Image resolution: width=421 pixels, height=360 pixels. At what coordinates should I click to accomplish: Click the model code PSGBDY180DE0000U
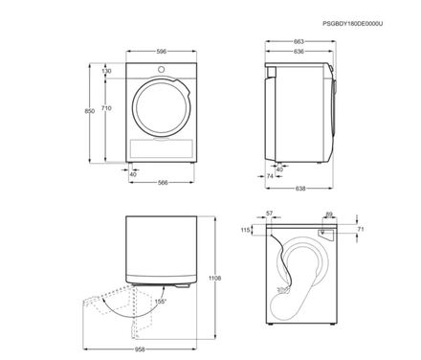[352, 24]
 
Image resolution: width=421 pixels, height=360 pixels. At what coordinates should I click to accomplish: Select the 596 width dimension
[162, 52]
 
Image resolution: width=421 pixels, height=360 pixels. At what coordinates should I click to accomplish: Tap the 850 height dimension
[89, 111]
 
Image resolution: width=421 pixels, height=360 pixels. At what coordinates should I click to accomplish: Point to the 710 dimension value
[106, 108]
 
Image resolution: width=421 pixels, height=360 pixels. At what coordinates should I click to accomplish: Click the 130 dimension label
[107, 71]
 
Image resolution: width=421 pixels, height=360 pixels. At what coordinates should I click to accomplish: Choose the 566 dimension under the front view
[163, 183]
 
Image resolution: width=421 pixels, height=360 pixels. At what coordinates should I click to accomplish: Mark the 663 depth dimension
[299, 41]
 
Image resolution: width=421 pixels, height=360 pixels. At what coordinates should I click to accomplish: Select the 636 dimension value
[299, 52]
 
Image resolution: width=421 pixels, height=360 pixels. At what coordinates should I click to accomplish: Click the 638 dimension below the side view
[300, 189]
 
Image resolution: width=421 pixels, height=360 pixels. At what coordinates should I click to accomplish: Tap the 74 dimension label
[270, 176]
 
